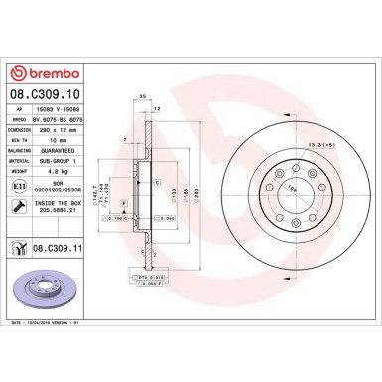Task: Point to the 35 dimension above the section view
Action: click(x=144, y=97)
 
